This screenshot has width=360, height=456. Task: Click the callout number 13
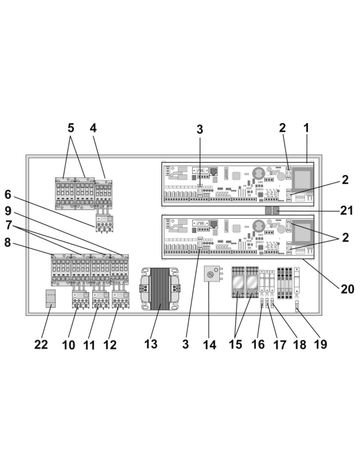[151, 344]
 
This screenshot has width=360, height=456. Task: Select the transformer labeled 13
[160, 289]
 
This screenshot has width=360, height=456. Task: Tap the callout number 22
[41, 345]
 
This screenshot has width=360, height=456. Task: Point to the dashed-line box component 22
[51, 298]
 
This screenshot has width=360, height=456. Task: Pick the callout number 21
[346, 211]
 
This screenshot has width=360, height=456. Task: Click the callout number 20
[348, 289]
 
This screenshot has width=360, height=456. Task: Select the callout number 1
[306, 128]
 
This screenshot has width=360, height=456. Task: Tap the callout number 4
[93, 128]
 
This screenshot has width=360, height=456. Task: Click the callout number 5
[71, 128]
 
